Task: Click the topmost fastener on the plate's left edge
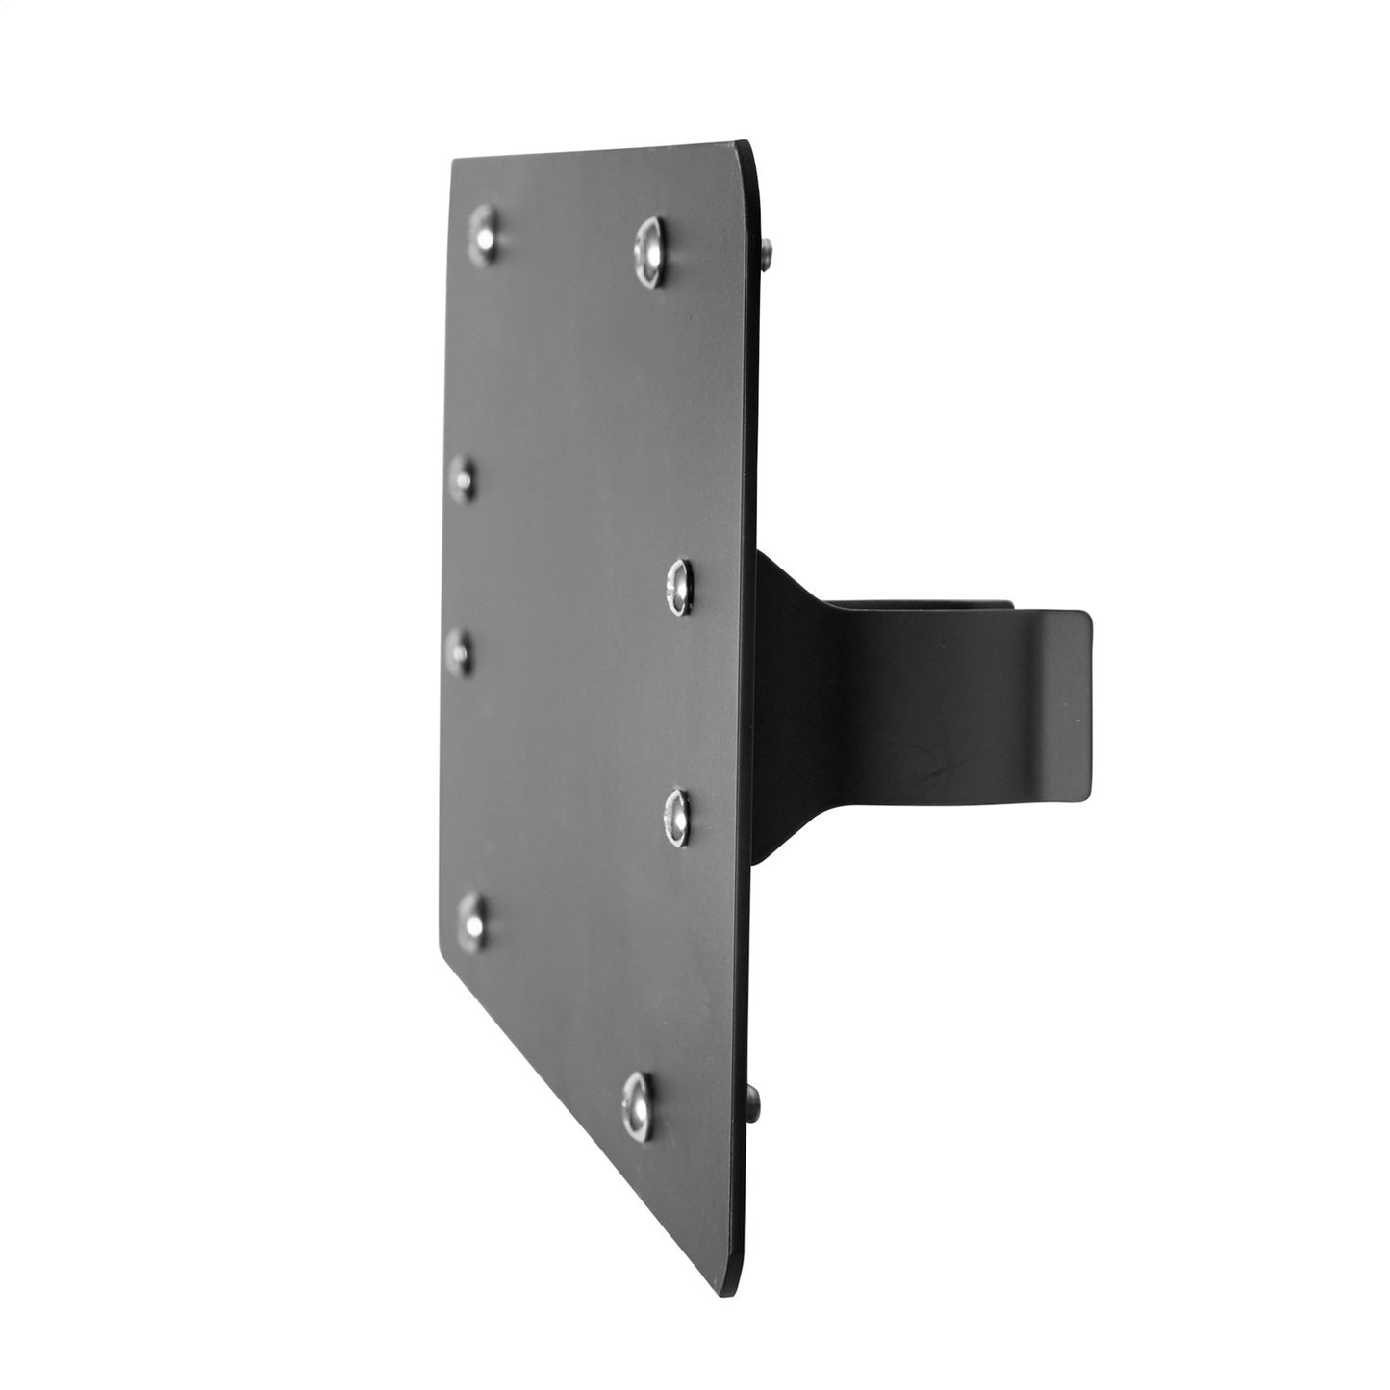pyautogui.click(x=485, y=234)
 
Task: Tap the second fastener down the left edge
pyautogui.click(x=464, y=477)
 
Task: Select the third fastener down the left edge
pyautogui.click(x=462, y=651)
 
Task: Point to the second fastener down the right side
pyautogui.click(x=678, y=586)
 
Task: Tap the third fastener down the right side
pyautogui.click(x=678, y=817)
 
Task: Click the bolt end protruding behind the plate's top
pyautogui.click(x=767, y=255)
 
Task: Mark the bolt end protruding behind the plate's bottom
pyautogui.click(x=754, y=1106)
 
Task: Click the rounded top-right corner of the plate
pyautogui.click(x=750, y=154)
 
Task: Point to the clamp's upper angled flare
pyautogui.click(x=789, y=587)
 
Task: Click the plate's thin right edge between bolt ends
pyautogui.click(x=759, y=673)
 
